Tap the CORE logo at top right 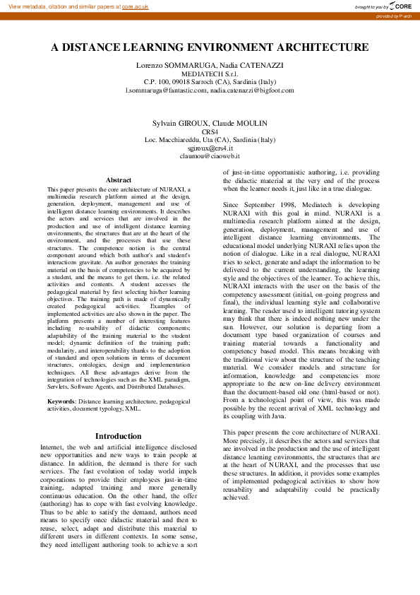tap(398, 6)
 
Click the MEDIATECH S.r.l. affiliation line tap(210, 73)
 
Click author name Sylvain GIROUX tap(179, 123)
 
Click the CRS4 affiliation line tap(210, 131)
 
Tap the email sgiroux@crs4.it tap(210, 148)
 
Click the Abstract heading tap(118, 180)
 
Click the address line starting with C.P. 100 tap(210, 82)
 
